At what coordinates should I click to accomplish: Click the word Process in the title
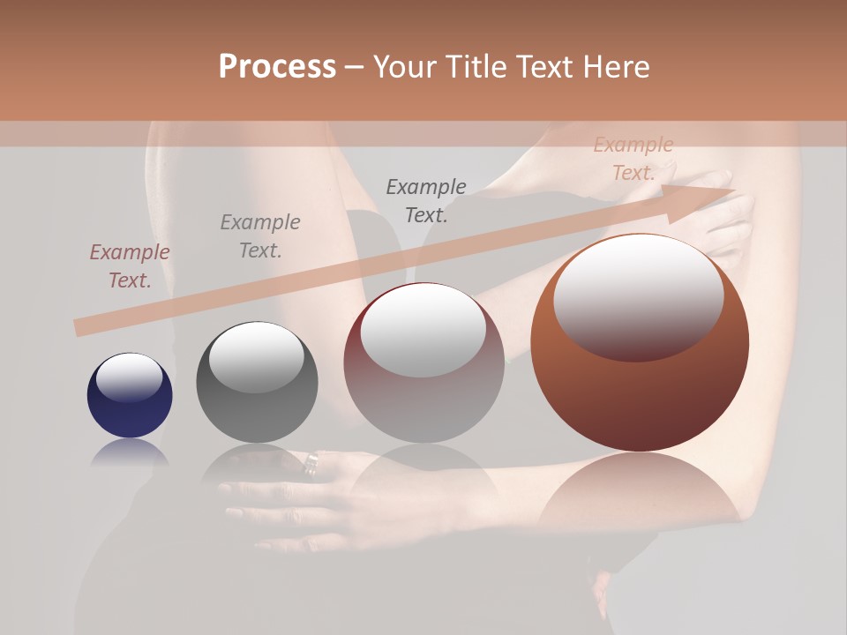[x=277, y=67]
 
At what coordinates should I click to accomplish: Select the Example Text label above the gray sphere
[x=260, y=236]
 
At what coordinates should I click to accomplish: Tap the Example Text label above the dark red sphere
[x=426, y=201]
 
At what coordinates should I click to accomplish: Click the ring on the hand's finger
[x=311, y=463]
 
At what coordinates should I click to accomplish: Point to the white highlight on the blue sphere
[x=129, y=377]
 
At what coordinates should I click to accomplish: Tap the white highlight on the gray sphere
[x=256, y=355]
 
